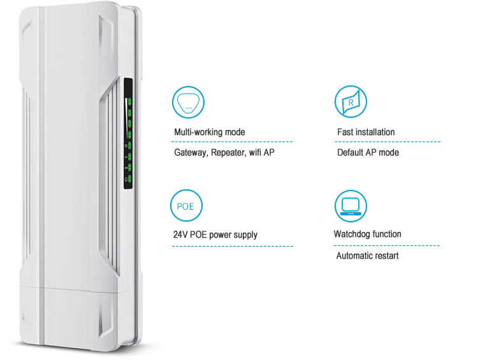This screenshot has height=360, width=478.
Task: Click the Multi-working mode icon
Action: pyautogui.click(x=188, y=102)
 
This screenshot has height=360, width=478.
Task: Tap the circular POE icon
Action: pyautogui.click(x=186, y=206)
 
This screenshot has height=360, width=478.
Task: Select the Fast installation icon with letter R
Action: pyautogui.click(x=351, y=101)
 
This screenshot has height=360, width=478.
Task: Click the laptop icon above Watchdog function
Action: pyautogui.click(x=351, y=206)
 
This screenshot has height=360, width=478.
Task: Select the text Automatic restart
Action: pyautogui.click(x=367, y=256)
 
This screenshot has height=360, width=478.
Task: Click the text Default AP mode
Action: pyautogui.click(x=368, y=152)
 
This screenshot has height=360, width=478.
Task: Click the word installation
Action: pyautogui.click(x=375, y=132)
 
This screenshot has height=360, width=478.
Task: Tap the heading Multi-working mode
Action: pyautogui.click(x=210, y=132)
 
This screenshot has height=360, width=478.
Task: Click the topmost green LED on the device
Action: pyautogui.click(x=129, y=101)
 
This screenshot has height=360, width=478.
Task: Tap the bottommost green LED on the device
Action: pyautogui.click(x=129, y=178)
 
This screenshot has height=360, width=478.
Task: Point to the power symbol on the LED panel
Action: pyautogui.click(x=126, y=180)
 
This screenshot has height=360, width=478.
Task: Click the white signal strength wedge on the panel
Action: pyautogui.click(x=126, y=118)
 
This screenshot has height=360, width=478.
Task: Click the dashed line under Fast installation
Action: pyautogui.click(x=387, y=141)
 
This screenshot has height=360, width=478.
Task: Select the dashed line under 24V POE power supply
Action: pyautogui.click(x=232, y=246)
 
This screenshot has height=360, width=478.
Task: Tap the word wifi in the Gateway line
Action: pyautogui.click(x=255, y=152)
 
